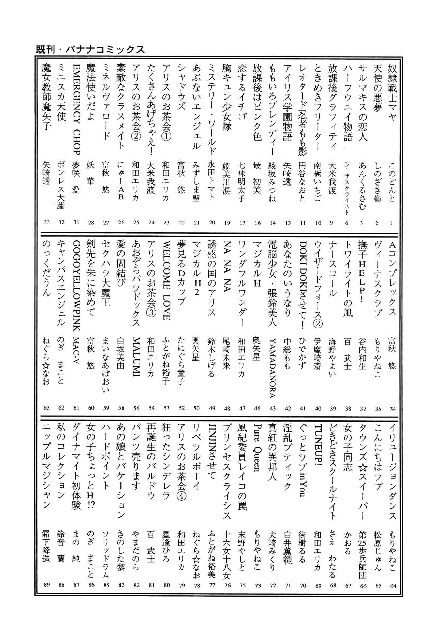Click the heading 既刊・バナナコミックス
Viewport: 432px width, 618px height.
(x=90, y=50)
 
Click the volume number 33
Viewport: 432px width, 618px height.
(x=47, y=222)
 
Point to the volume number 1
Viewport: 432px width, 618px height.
(x=392, y=222)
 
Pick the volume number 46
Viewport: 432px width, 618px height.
(x=258, y=408)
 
